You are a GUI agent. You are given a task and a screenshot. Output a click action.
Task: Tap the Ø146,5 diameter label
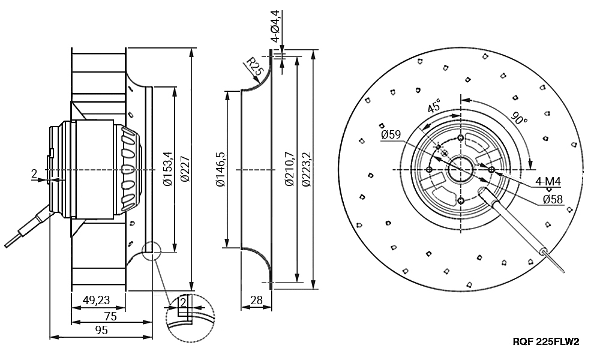click(x=220, y=170)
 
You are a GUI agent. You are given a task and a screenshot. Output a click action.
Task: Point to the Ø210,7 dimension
click(x=290, y=170)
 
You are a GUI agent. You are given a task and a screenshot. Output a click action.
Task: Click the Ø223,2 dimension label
click(x=307, y=170)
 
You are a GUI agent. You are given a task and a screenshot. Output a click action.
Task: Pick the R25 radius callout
click(x=254, y=66)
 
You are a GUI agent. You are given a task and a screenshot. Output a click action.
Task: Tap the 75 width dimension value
click(x=110, y=316)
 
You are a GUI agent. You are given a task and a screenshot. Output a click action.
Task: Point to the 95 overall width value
click(x=101, y=330)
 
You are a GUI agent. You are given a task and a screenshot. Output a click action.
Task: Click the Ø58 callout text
click(x=552, y=199)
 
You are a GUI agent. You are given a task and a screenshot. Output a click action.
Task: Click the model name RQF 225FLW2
click(x=545, y=343)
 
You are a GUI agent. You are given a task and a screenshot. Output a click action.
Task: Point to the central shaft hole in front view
click(x=460, y=169)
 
